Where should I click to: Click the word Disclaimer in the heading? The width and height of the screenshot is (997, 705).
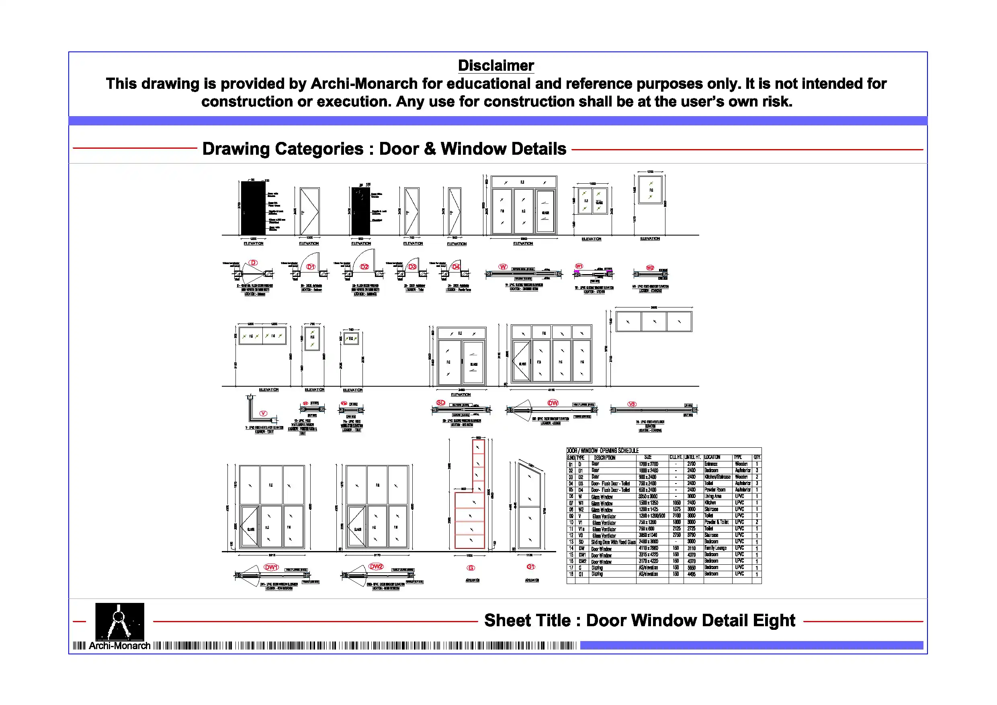(495, 66)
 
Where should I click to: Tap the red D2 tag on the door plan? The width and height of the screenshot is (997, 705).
(364, 267)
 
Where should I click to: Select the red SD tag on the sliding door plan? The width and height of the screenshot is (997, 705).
(441, 403)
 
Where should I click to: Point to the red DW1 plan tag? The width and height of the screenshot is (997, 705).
(271, 567)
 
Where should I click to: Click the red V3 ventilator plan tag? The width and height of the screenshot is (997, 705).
(632, 404)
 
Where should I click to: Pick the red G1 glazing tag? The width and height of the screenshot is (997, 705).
(530, 567)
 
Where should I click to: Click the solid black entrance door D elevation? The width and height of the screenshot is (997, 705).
(253, 208)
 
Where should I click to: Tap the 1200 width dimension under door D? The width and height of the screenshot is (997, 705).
(254, 238)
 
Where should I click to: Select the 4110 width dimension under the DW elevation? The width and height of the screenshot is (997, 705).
(551, 390)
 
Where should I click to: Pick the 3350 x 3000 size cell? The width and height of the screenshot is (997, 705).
(648, 496)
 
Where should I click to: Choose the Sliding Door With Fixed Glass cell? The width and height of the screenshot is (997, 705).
(613, 542)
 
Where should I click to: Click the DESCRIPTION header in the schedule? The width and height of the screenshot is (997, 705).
(604, 458)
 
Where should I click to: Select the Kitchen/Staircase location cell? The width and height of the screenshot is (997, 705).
(717, 477)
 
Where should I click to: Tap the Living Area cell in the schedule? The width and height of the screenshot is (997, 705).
(712, 496)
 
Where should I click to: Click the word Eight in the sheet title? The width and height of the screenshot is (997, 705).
(774, 620)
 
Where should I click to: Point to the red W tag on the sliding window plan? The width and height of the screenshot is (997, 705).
(503, 267)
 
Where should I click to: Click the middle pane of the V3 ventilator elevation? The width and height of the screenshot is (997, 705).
(654, 322)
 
